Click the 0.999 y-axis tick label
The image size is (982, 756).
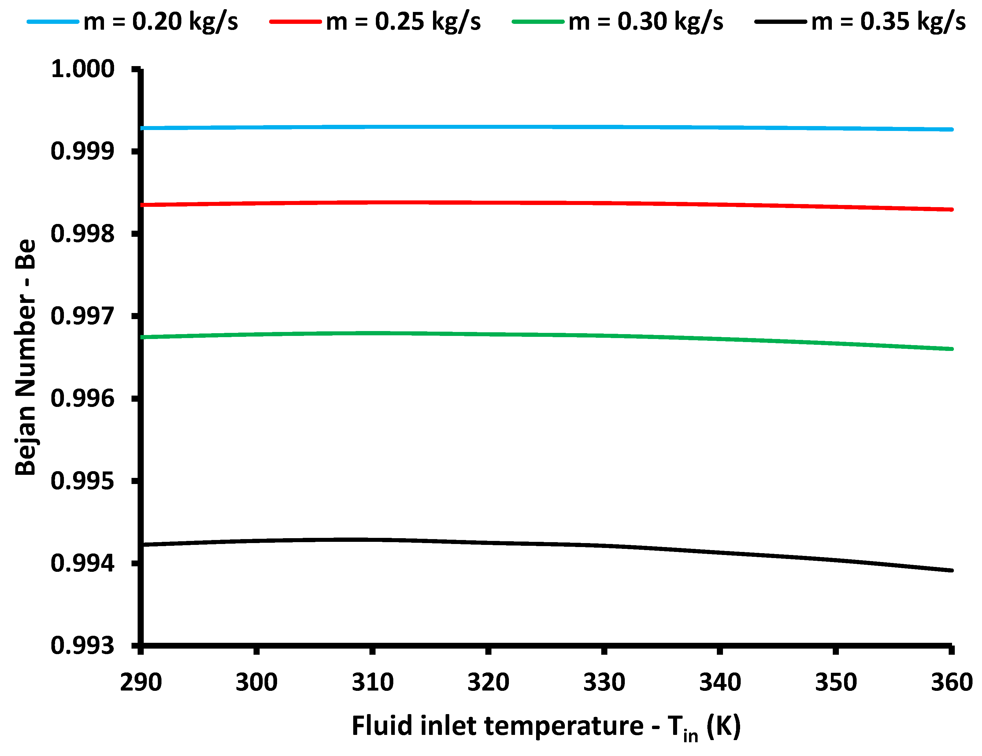click(x=83, y=151)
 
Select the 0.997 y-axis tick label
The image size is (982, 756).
click(x=83, y=316)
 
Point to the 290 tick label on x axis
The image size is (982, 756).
click(x=141, y=683)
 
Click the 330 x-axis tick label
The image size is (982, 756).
click(x=604, y=683)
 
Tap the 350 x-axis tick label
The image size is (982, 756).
click(x=836, y=683)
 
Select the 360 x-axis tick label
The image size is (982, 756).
click(x=951, y=683)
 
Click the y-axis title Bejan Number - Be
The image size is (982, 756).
click(x=26, y=358)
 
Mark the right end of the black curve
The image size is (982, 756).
click(x=951, y=570)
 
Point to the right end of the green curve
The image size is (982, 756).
click(x=951, y=349)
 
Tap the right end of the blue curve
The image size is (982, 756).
click(x=951, y=129)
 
